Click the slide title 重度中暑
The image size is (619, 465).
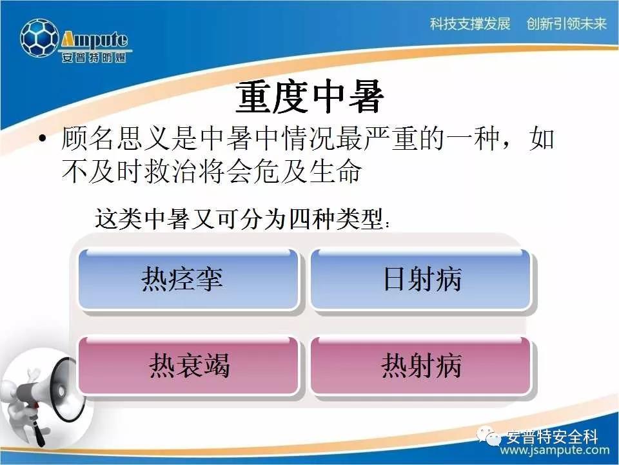pyautogui.click(x=309, y=98)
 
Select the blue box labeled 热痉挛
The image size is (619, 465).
pyautogui.click(x=188, y=279)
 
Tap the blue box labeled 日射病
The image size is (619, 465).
pyautogui.click(x=421, y=279)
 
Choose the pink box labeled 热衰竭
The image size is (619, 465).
pyautogui.click(x=188, y=366)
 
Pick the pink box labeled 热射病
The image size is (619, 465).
pyautogui.click(x=421, y=366)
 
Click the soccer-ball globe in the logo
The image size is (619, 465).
pyautogui.click(x=39, y=38)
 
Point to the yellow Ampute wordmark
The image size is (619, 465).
pyautogui.click(x=95, y=40)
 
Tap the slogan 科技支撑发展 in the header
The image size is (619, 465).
pyautogui.click(x=470, y=24)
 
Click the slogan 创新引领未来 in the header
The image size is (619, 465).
pyautogui.click(x=567, y=24)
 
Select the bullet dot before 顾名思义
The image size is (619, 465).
pyautogui.click(x=43, y=139)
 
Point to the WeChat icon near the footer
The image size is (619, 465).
pyautogui.click(x=489, y=436)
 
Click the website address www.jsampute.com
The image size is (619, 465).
pyautogui.click(x=555, y=450)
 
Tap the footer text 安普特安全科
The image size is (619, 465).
pyautogui.click(x=552, y=437)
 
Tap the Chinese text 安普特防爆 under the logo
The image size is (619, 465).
pyautogui.click(x=93, y=57)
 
